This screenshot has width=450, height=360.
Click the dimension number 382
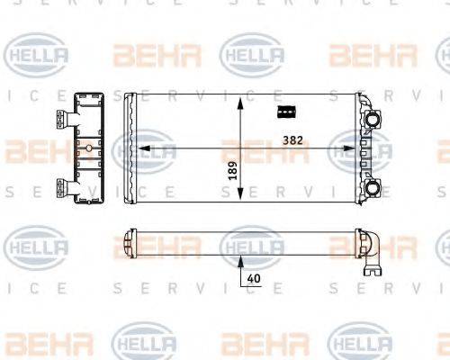pos(292,140)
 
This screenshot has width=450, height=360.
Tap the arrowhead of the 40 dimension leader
pos(240,260)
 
